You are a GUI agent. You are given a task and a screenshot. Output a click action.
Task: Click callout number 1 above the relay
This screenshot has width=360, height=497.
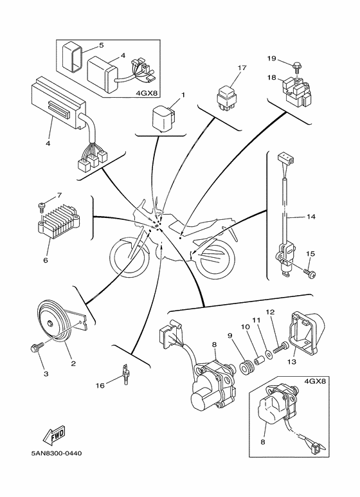pyautogui.click(x=183, y=95)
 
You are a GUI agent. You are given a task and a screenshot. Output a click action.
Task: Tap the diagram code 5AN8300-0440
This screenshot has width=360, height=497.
pyautogui.click(x=55, y=454)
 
